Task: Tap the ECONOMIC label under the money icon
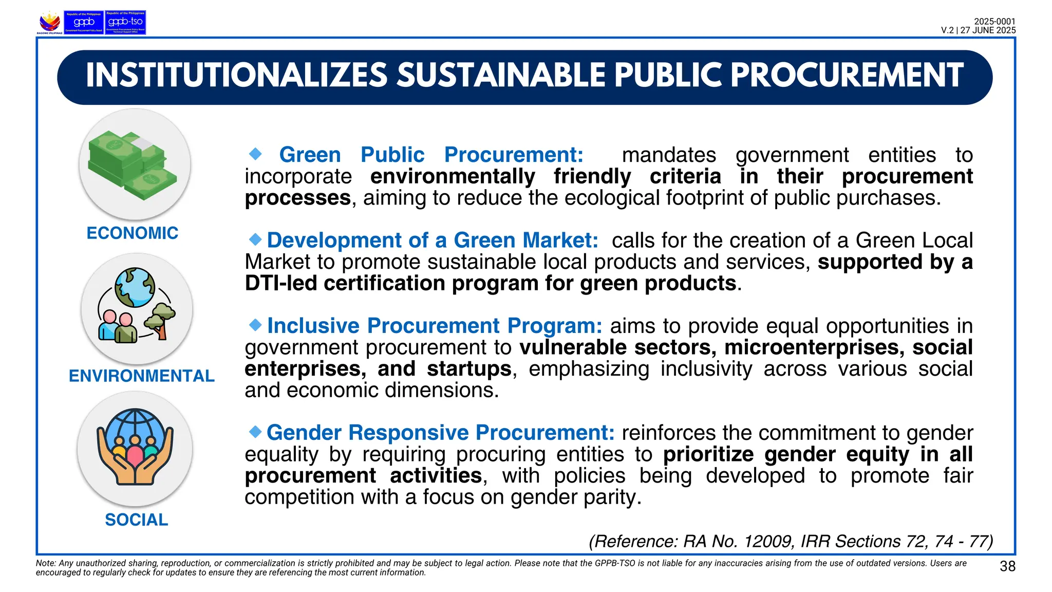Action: tap(132, 233)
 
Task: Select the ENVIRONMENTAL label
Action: tap(141, 376)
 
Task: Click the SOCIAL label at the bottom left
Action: tap(136, 520)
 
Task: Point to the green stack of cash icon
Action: tap(133, 164)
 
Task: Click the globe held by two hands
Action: tap(135, 432)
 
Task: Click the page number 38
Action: tap(1007, 566)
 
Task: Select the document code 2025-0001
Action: tap(994, 22)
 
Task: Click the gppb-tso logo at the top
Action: tap(125, 23)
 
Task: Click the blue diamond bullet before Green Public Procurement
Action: tap(255, 154)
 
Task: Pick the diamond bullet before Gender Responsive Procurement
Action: tap(255, 432)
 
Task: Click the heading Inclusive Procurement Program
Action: tap(434, 326)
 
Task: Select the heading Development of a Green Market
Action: tap(432, 240)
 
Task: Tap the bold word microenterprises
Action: tap(814, 348)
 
